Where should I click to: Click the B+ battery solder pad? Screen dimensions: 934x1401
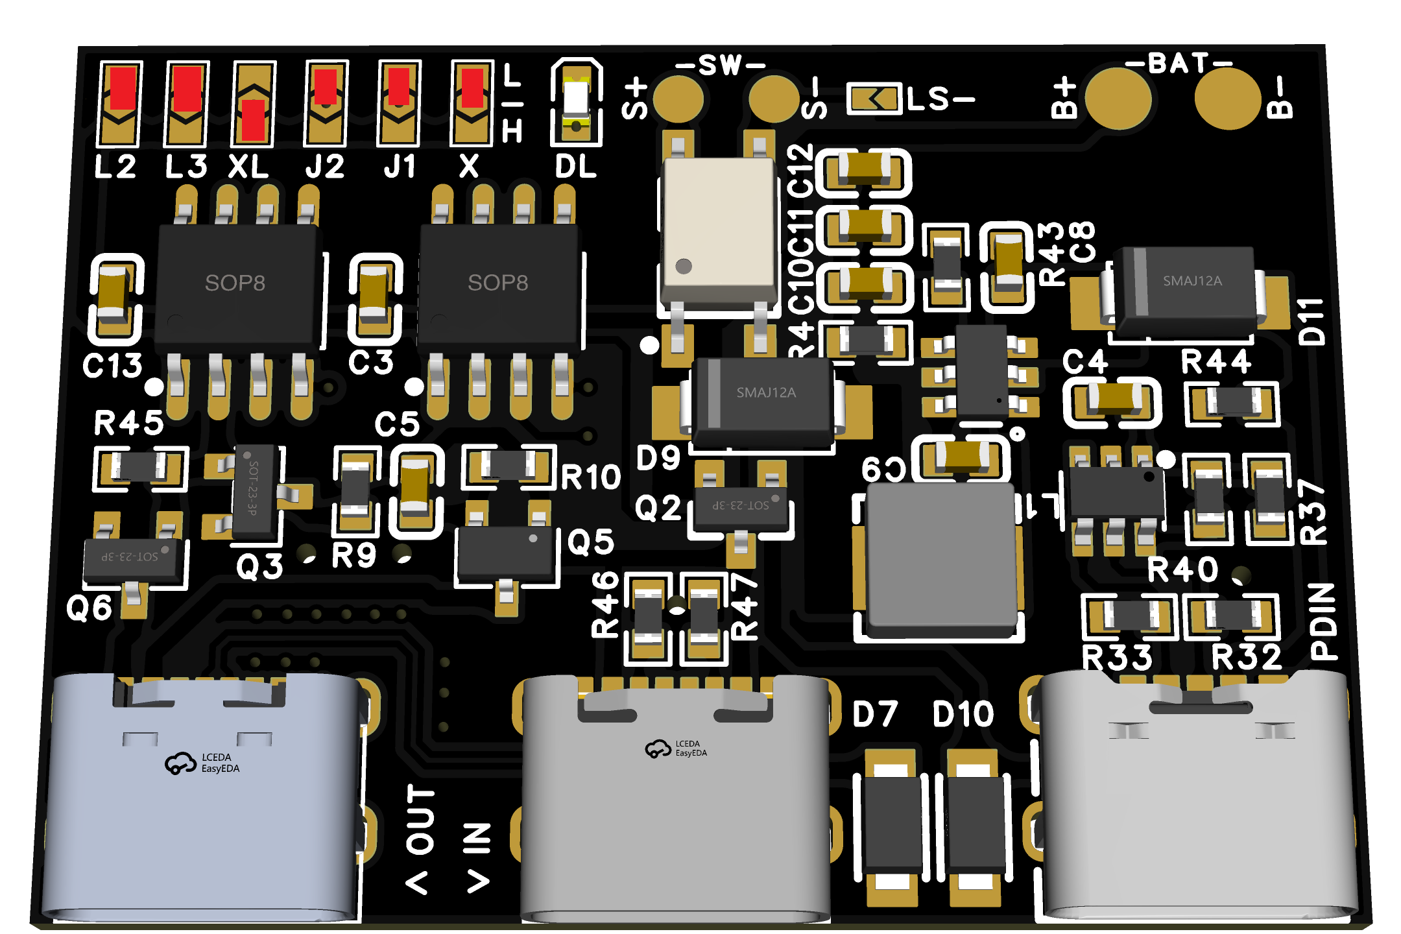[1118, 98]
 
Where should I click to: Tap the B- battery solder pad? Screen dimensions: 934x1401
[1227, 98]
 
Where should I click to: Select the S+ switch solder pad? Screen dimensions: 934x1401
[678, 99]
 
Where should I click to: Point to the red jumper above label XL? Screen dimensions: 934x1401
[253, 119]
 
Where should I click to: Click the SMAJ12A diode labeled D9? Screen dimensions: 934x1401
[763, 401]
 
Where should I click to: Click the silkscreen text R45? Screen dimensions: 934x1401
[128, 424]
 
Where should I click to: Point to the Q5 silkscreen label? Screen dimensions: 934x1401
[590, 542]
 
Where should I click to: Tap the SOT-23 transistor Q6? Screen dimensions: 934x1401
[132, 558]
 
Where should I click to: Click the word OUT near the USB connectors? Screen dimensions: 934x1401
[420, 820]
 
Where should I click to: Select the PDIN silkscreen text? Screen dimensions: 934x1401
[1323, 621]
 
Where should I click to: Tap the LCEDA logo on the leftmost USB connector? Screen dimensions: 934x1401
[202, 763]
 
